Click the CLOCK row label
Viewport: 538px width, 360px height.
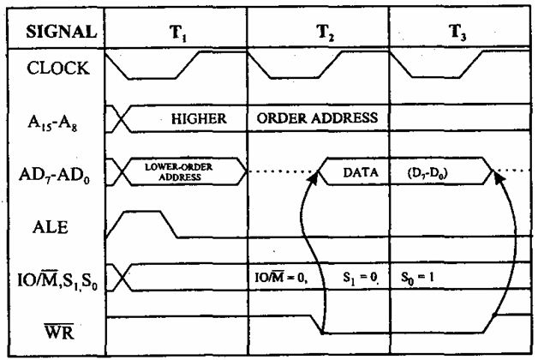(57, 69)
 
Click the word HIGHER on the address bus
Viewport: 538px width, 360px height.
(199, 119)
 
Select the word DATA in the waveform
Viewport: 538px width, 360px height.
(361, 172)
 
